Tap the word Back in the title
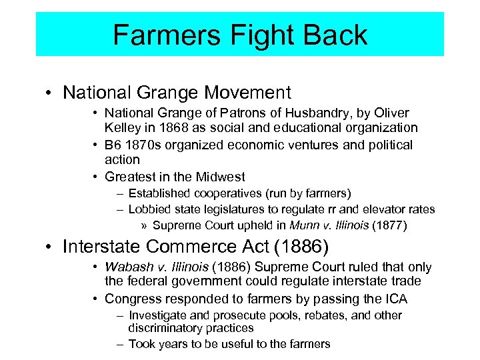pyautogui.click(x=335, y=35)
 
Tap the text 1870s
pyautogui.click(x=145, y=145)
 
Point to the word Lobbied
pyautogui.click(x=149, y=209)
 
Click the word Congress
pyautogui.click(x=131, y=298)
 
